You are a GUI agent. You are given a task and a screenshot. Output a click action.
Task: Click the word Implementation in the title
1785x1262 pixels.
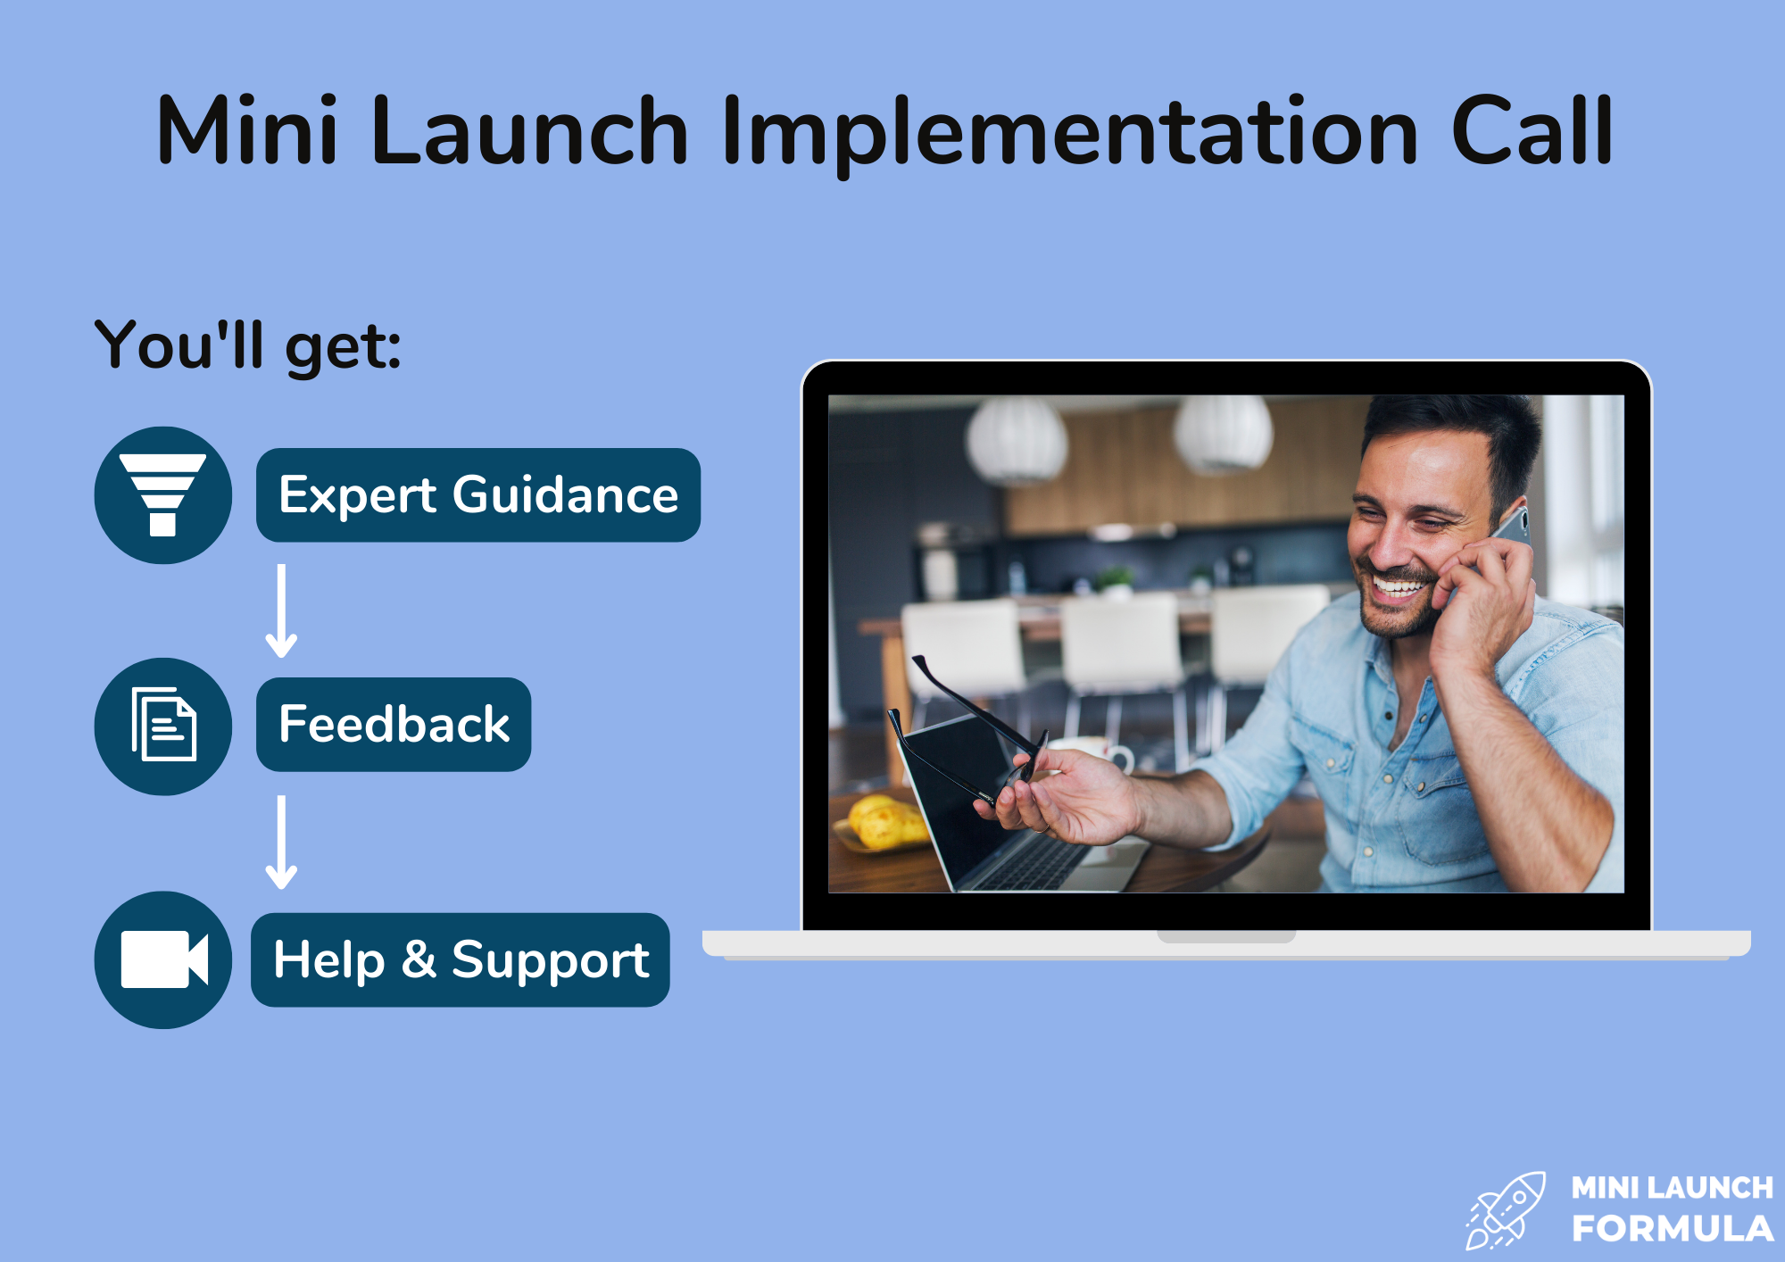(1069, 134)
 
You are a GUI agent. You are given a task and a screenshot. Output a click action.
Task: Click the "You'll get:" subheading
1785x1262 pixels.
(248, 345)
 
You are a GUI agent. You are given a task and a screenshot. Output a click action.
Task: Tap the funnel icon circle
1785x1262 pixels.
(163, 495)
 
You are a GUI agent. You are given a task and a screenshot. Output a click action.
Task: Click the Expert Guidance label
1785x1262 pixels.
(478, 495)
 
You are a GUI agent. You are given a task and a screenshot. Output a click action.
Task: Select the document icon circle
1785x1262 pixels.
(163, 726)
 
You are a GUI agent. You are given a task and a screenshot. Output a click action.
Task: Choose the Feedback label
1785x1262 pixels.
(394, 725)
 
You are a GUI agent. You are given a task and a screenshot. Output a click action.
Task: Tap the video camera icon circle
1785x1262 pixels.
(163, 960)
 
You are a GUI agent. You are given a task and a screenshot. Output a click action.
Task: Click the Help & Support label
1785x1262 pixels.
(461, 960)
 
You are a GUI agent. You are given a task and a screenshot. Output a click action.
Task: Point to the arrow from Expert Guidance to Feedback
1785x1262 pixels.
(281, 611)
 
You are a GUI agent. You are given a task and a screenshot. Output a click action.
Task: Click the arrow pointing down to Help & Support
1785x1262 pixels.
(281, 843)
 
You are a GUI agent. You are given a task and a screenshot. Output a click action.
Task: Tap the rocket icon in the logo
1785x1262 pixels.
(1506, 1210)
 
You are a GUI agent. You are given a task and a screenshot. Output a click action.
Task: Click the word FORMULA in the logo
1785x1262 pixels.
(1673, 1229)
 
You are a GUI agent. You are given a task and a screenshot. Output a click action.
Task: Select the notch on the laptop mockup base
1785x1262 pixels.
(1226, 936)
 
